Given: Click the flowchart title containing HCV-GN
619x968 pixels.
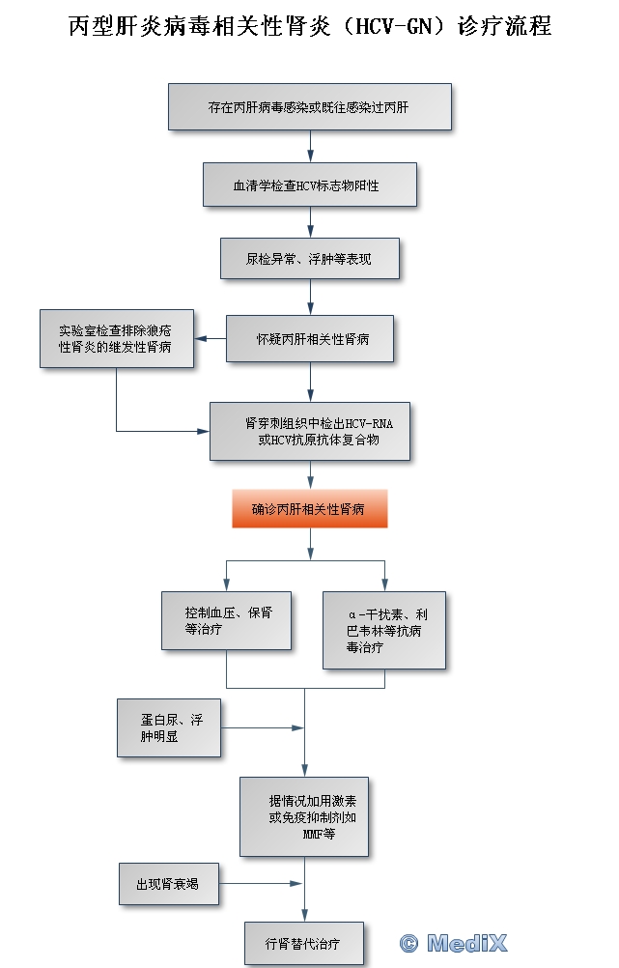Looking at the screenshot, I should pyautogui.click(x=310, y=26).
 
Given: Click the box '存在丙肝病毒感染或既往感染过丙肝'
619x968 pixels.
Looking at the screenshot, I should pyautogui.click(x=310, y=106).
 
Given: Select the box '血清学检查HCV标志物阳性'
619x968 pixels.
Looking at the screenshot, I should pyautogui.click(x=310, y=184).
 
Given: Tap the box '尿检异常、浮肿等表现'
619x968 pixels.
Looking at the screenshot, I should pyautogui.click(x=310, y=258).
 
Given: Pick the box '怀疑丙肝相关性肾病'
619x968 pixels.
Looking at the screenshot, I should pyautogui.click(x=310, y=338).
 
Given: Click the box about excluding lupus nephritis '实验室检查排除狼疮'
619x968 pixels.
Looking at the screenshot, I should pyautogui.click(x=116, y=338).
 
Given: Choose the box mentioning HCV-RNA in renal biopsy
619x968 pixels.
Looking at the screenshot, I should pyautogui.click(x=310, y=431).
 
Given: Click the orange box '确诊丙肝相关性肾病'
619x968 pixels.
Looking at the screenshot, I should pyautogui.click(x=310, y=508).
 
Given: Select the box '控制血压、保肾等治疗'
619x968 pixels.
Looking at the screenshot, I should pyautogui.click(x=226, y=619).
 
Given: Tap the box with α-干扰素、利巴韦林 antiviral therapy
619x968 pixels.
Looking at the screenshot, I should pyautogui.click(x=384, y=630).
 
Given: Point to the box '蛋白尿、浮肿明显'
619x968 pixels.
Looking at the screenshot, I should pyautogui.click(x=169, y=727).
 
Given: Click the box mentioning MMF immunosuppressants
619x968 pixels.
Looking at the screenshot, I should pyautogui.click(x=304, y=816).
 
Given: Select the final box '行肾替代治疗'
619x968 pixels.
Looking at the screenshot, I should pyautogui.click(x=304, y=942).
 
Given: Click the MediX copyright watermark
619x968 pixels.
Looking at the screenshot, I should pyautogui.click(x=453, y=943).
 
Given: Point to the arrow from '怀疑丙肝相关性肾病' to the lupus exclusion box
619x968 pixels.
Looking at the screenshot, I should pyautogui.click(x=211, y=338).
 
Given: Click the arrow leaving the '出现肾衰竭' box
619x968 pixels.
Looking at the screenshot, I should pyautogui.click(x=261, y=883).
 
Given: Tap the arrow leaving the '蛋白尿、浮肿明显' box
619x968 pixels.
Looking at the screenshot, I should pyautogui.click(x=261, y=727).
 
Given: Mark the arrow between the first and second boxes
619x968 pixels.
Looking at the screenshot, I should pyautogui.click(x=310, y=146).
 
